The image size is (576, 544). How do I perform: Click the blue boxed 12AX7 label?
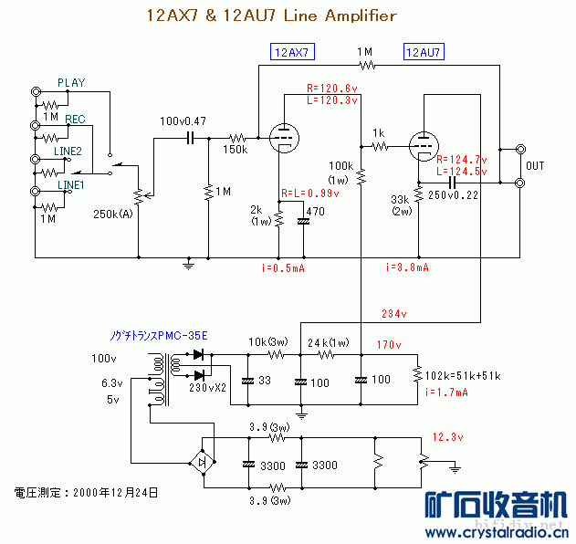(x=290, y=52)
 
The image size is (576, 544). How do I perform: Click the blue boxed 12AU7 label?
(x=424, y=52)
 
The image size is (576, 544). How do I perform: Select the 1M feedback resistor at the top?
(x=367, y=65)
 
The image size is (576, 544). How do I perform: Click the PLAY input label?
(x=71, y=83)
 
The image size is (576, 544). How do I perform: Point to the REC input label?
(x=75, y=120)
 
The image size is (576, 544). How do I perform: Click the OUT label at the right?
(x=535, y=166)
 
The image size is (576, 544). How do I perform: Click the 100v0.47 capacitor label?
(x=183, y=121)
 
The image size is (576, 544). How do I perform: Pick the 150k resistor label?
(x=235, y=150)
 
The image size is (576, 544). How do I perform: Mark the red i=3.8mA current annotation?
(x=407, y=267)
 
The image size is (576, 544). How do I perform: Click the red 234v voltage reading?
(x=395, y=314)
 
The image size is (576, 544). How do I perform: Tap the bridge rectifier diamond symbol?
(x=202, y=464)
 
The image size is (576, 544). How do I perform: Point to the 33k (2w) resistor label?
(x=400, y=205)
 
